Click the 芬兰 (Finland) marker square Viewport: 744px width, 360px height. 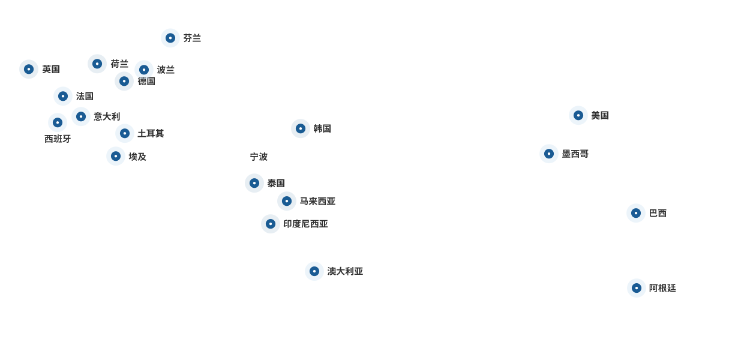pyautogui.click(x=170, y=38)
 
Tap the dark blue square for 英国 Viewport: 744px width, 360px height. pyautogui.click(x=29, y=69)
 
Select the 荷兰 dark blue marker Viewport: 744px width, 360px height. pyautogui.click(x=97, y=64)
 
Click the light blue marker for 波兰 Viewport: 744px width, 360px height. pyautogui.click(x=144, y=70)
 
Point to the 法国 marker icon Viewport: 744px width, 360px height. pyautogui.click(x=63, y=96)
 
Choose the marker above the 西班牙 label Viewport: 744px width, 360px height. pyautogui.click(x=58, y=122)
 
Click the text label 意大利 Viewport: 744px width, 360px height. pyautogui.click(x=107, y=116)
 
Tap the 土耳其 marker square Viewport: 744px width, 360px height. pyautogui.click(x=125, y=133)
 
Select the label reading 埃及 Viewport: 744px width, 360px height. pyautogui.click(x=137, y=157)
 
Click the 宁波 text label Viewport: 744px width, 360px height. pyautogui.click(x=259, y=157)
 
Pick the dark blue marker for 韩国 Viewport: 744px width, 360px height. pyautogui.click(x=301, y=128)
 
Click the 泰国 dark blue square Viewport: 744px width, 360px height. pyautogui.click(x=254, y=183)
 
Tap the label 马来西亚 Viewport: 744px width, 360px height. pyautogui.click(x=317, y=201)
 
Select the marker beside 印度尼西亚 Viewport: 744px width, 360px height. pyautogui.click(x=271, y=224)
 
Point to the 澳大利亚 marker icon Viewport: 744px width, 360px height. pyautogui.click(x=314, y=271)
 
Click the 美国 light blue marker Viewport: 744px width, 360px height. pyautogui.click(x=578, y=115)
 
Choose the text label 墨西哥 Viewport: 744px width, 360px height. pyautogui.click(x=575, y=154)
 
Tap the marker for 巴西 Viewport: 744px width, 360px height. pyautogui.click(x=636, y=213)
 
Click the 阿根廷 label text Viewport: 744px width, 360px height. pyautogui.click(x=662, y=288)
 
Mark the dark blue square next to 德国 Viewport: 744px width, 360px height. pyautogui.click(x=124, y=81)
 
